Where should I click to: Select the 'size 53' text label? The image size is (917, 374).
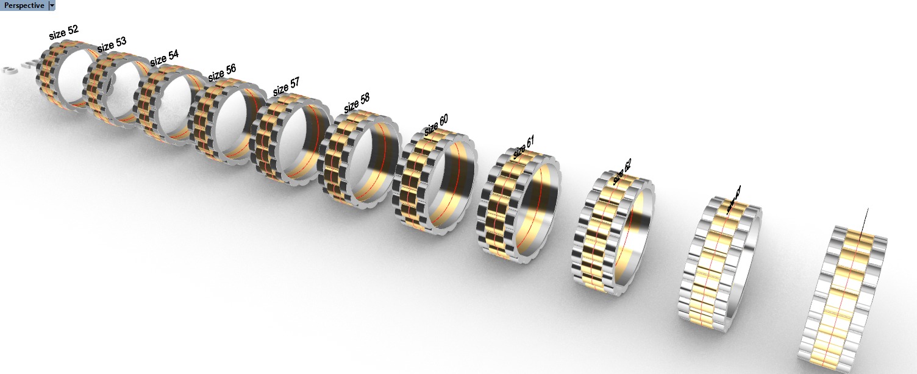point(112,44)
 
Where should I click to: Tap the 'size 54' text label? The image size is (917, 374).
point(164,57)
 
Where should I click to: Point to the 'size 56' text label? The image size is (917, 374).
point(222,72)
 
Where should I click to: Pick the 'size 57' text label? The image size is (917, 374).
point(286,86)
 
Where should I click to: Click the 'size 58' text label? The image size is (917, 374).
point(357,102)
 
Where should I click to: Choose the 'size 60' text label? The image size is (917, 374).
point(436,124)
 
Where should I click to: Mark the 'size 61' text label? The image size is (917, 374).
point(523,147)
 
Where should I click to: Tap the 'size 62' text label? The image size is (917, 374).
point(622,171)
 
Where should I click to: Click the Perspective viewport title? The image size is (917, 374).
point(24,5)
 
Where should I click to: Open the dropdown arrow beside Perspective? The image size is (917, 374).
point(52,5)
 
